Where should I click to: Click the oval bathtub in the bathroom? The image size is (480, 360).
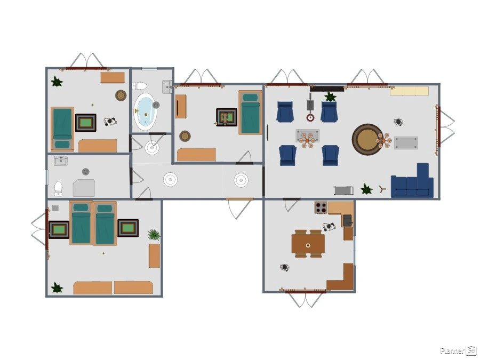(x=146, y=111)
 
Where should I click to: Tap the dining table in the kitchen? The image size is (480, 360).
(x=308, y=244)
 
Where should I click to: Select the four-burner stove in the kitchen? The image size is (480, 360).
(x=321, y=207)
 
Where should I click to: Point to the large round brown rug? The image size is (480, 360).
(x=367, y=139)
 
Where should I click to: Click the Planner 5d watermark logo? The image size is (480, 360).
(x=458, y=350)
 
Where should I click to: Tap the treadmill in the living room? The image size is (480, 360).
(x=343, y=190)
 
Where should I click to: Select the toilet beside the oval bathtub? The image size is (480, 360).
(x=139, y=86)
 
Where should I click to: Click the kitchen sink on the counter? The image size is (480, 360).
(x=347, y=220)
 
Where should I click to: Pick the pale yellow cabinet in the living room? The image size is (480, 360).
(x=409, y=91)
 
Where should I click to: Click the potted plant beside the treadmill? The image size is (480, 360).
(x=366, y=189)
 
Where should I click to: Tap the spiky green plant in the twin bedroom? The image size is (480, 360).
(x=154, y=235)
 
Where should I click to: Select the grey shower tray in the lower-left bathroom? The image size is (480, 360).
(x=84, y=188)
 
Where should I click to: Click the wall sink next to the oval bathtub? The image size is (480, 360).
(x=167, y=86)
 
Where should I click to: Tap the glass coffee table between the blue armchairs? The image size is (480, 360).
(x=308, y=135)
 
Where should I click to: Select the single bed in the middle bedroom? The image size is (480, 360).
(x=251, y=113)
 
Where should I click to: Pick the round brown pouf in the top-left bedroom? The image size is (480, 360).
(x=121, y=95)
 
